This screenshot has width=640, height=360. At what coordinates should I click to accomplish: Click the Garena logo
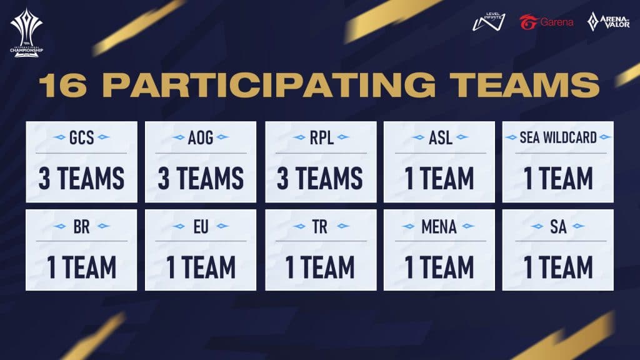(546, 22)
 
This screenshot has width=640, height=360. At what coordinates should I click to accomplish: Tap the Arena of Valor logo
(608, 22)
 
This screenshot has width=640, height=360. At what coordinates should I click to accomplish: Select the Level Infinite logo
(489, 22)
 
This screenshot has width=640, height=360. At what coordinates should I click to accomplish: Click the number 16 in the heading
(63, 85)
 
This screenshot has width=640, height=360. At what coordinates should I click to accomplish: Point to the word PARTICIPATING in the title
(269, 85)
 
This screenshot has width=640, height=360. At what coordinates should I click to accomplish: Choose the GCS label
(82, 137)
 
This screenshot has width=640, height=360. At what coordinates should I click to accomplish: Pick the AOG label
(201, 137)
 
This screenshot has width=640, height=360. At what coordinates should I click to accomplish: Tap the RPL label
(321, 137)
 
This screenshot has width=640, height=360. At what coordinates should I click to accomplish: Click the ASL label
(440, 137)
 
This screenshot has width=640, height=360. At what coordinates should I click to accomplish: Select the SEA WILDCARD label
(558, 137)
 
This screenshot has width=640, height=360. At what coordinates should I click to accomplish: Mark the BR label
(82, 226)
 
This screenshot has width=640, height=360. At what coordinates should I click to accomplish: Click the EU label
(201, 226)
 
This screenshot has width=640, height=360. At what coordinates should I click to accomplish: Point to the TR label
(320, 226)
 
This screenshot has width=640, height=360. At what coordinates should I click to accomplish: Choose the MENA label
(439, 226)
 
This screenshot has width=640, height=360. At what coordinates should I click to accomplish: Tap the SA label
(558, 226)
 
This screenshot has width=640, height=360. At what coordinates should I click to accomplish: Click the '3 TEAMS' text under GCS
(82, 178)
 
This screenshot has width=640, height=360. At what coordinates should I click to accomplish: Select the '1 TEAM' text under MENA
(439, 267)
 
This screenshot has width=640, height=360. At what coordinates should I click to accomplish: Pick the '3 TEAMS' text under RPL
(320, 178)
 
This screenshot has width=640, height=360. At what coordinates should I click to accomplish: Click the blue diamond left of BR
(59, 226)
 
